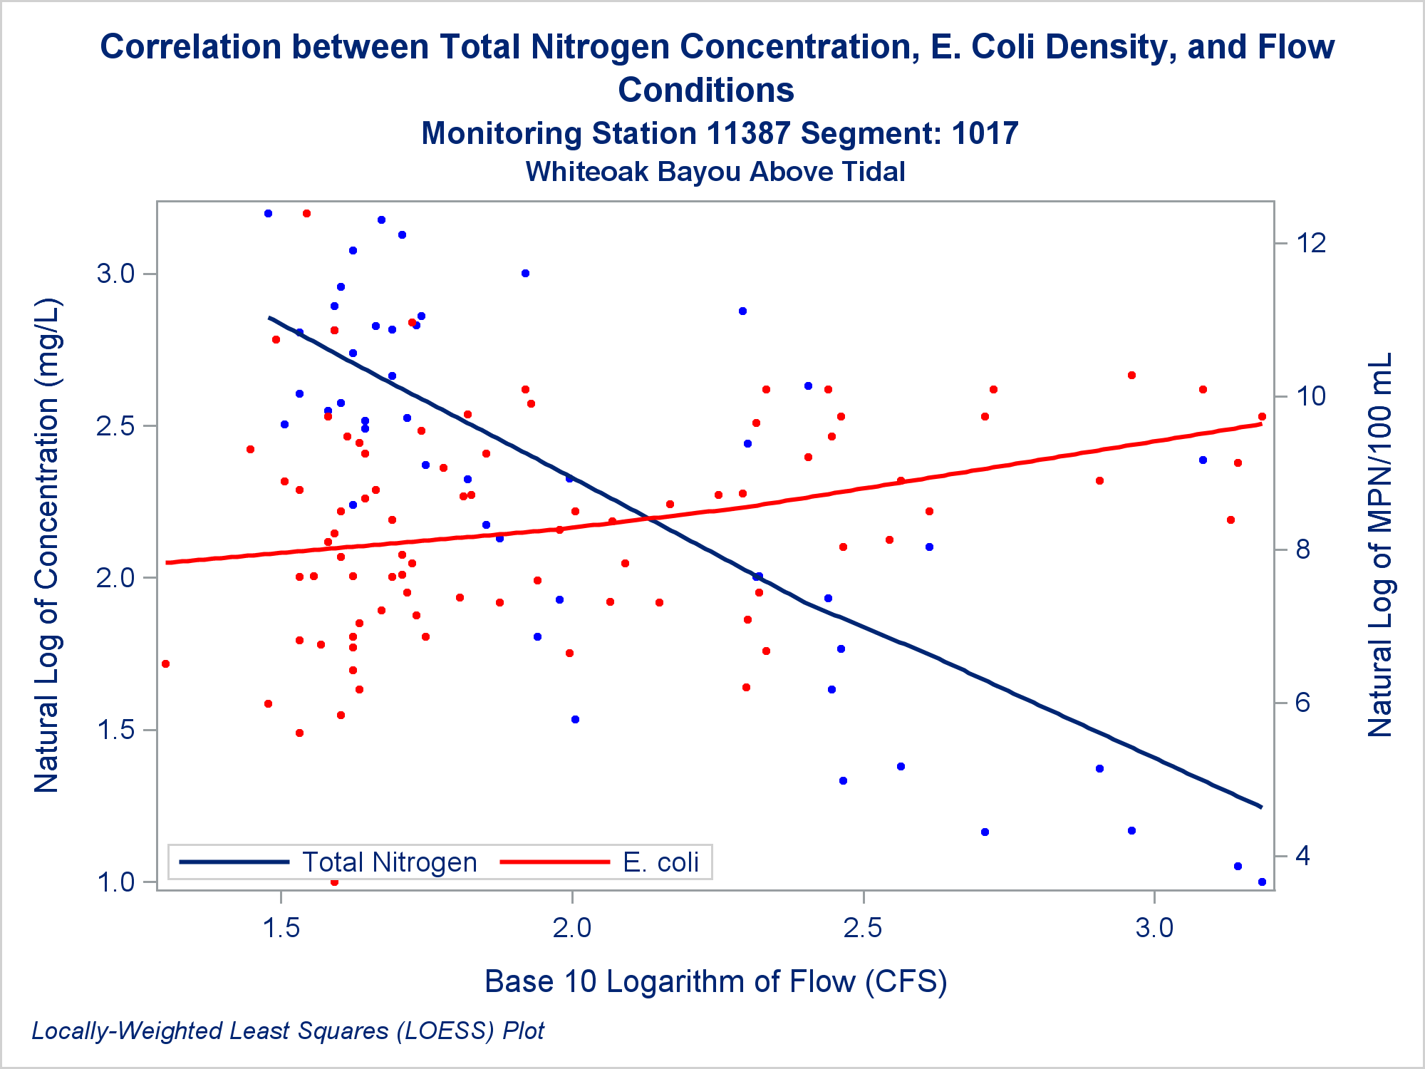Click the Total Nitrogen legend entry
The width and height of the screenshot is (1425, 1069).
(x=389, y=862)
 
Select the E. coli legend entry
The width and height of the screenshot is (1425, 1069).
(x=660, y=862)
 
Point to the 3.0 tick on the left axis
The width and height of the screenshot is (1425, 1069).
(x=116, y=274)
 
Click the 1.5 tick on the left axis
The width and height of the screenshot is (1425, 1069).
(x=116, y=730)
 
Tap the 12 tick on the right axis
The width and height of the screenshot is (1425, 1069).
(x=1311, y=243)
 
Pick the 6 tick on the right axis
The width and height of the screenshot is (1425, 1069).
(x=1303, y=703)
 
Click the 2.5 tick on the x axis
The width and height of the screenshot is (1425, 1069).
(x=863, y=927)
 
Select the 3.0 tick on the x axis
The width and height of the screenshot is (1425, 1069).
(x=1154, y=927)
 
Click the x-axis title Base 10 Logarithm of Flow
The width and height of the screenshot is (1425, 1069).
(x=715, y=981)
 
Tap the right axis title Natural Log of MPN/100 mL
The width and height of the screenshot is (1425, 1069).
(x=1380, y=545)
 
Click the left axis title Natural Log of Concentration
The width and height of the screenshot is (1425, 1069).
(x=48, y=545)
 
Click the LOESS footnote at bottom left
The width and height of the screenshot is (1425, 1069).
(x=288, y=1031)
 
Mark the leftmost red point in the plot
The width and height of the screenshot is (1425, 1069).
(x=166, y=664)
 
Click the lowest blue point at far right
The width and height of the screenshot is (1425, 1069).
(x=1262, y=882)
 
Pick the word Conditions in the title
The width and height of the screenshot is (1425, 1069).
(x=705, y=91)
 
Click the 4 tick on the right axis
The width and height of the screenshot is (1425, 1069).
(x=1303, y=855)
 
